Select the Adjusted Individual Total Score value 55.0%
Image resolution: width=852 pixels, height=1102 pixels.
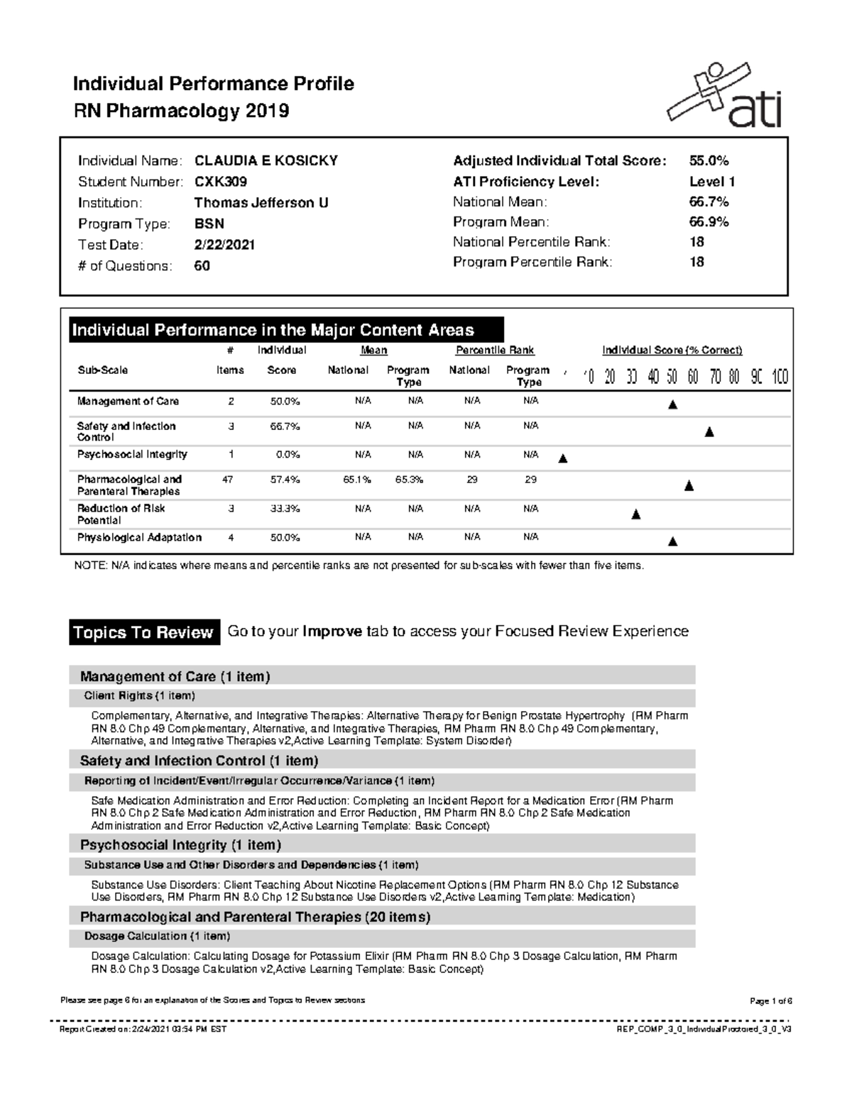[709, 161]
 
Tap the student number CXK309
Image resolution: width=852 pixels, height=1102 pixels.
[221, 182]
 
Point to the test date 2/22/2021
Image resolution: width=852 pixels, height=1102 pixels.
[224, 245]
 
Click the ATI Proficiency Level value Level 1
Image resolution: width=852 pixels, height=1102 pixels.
[712, 182]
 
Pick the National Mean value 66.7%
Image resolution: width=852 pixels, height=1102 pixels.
[709, 202]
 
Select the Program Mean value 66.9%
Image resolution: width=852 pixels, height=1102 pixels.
[709, 222]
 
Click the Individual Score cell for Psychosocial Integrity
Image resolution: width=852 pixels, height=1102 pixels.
[288, 455]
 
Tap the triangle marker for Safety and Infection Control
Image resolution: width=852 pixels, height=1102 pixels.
[709, 432]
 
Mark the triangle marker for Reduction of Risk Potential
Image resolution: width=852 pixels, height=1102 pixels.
[636, 514]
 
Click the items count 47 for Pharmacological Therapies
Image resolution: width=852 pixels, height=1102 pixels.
[227, 480]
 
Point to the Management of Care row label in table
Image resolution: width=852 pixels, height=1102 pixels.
[128, 402]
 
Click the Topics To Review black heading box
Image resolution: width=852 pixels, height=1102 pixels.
[143, 632]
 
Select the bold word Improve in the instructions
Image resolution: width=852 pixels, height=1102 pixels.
[332, 632]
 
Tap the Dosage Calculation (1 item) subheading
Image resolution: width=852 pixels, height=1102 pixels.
[157, 936]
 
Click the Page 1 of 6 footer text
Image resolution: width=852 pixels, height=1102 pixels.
[770, 1001]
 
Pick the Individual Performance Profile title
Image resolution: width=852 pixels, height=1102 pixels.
[213, 84]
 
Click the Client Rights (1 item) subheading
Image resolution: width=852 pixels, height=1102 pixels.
[139, 695]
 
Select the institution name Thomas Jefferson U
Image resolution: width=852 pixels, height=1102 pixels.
[261, 203]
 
